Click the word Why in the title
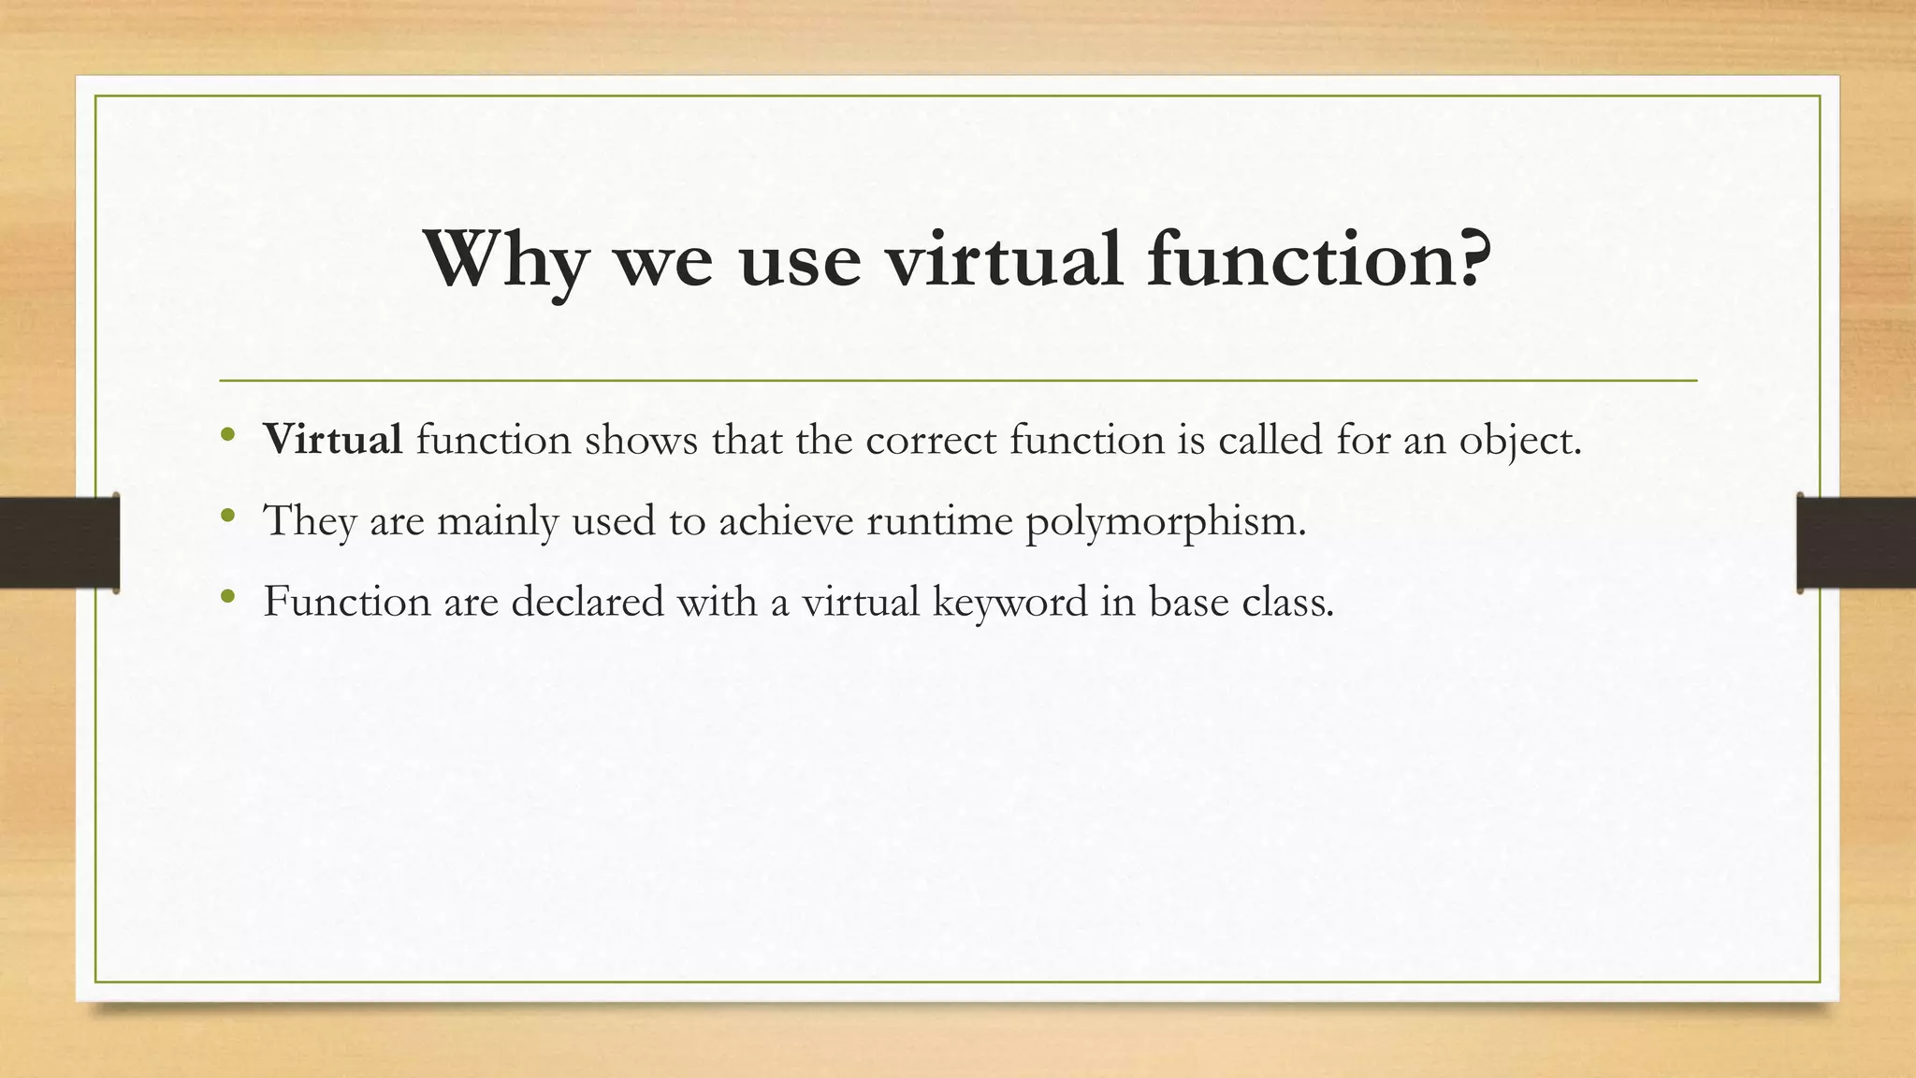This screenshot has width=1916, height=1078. [x=505, y=259]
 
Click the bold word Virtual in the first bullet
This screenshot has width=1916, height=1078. [x=333, y=439]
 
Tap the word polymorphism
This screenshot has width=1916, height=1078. [x=1165, y=521]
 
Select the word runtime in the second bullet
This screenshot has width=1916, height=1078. [x=939, y=520]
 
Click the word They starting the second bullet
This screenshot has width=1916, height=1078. [x=310, y=520]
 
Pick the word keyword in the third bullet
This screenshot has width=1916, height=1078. [x=1010, y=602]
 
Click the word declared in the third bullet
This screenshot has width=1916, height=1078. [x=588, y=601]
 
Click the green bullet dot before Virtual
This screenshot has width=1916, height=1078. [x=227, y=435]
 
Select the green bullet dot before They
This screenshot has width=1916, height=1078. [x=227, y=516]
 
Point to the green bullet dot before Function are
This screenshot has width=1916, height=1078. [x=227, y=596]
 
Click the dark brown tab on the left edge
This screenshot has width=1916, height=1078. [x=59, y=543]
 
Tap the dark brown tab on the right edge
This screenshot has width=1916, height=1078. [x=1856, y=543]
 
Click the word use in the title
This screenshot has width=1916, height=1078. [x=800, y=259]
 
